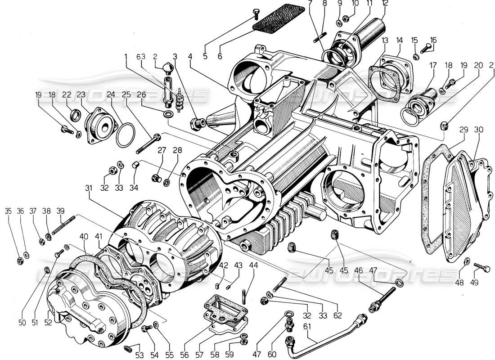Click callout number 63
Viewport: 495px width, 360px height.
(142, 57)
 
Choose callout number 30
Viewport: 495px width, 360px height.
(478, 129)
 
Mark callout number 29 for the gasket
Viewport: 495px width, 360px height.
(463, 129)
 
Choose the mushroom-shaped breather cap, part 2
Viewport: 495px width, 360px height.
(166, 68)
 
